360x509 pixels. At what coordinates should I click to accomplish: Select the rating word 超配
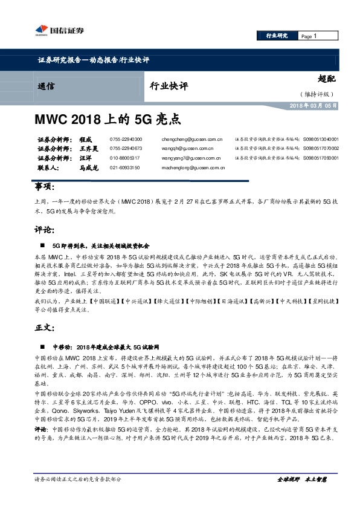(326, 79)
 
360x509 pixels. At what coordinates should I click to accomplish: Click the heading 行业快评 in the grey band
(167, 86)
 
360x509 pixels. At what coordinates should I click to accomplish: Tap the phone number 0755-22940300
(126, 138)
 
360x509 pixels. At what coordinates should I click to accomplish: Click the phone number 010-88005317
(126, 157)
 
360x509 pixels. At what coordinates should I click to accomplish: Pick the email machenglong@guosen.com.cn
(194, 167)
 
